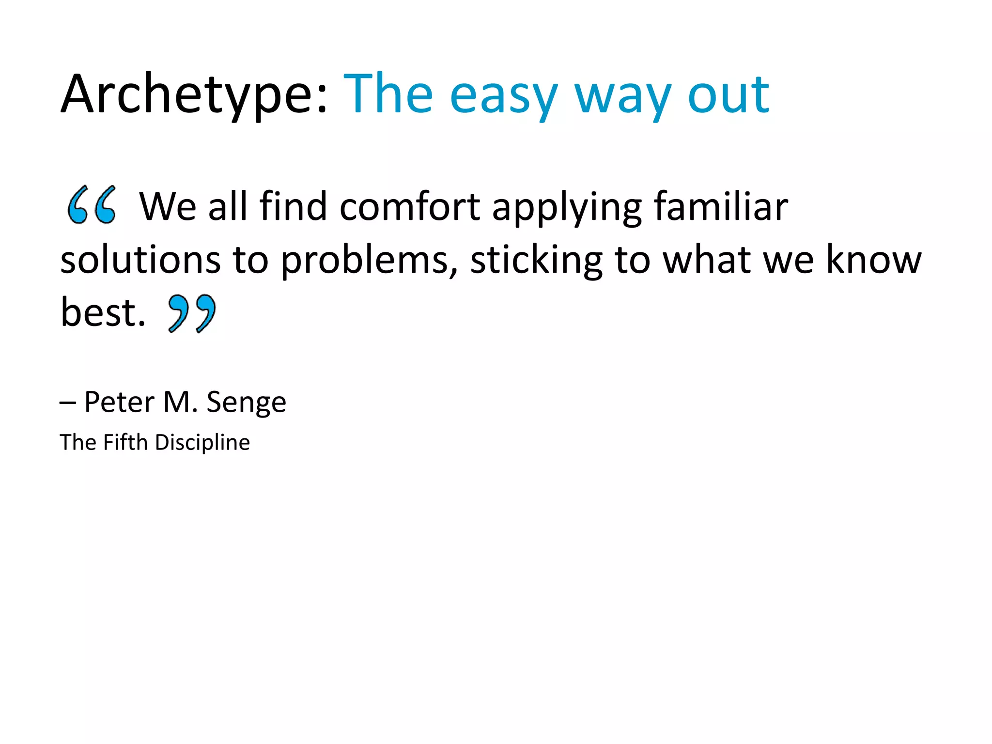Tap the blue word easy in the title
pos(504,95)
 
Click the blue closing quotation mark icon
pos(192,313)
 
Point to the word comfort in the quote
pos(410,207)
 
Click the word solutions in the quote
pos(140,260)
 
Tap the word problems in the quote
pos(369,261)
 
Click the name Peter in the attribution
pos(119,402)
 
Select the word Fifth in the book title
pos(125,442)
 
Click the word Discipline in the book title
pos(202,443)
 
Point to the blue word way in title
pos(622,95)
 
